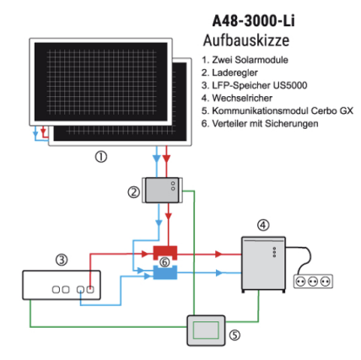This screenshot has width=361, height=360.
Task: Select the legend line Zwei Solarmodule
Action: tap(245, 60)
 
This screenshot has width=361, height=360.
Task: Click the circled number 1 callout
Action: tap(101, 157)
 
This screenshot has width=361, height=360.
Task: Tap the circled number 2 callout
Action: tap(133, 191)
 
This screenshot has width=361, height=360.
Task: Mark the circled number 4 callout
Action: tap(263, 224)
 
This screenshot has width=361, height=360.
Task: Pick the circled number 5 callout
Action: tap(234, 335)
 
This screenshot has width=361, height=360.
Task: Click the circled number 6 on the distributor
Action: tap(165, 262)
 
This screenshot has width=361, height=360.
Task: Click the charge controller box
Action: tap(161, 190)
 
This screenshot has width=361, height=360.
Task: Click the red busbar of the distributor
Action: tap(166, 251)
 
